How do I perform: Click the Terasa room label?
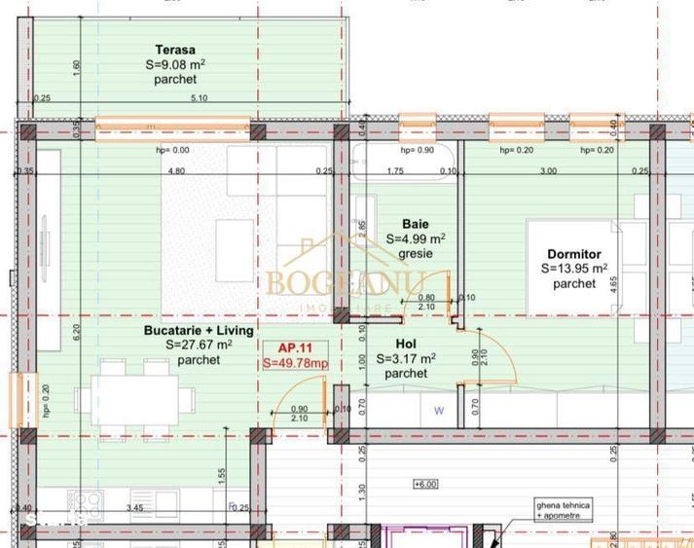point(175,50)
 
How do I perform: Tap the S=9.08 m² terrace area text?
point(175,65)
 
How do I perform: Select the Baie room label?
point(416,224)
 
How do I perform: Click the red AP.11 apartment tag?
point(294,347)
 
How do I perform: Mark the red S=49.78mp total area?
point(295,363)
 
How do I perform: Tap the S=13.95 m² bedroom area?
point(574,269)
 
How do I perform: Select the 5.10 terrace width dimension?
point(200,98)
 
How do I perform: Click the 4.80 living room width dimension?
point(176,171)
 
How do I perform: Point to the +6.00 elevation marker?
point(425,484)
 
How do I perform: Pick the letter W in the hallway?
point(439,411)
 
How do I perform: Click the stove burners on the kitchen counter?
point(86,505)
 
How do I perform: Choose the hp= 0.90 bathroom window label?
point(418,151)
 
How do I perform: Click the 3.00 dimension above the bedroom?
point(548,171)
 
